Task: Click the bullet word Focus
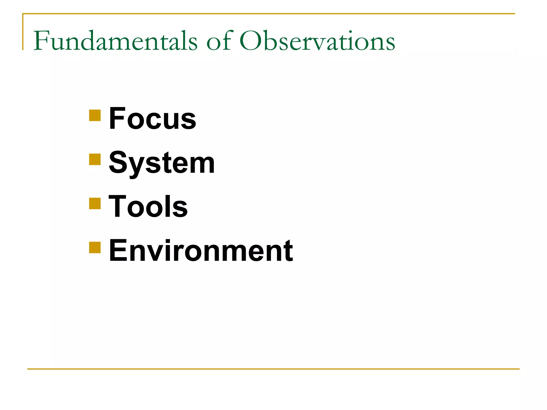click(x=153, y=118)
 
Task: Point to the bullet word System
click(x=162, y=163)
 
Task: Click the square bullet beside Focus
click(x=95, y=115)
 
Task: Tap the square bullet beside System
click(x=95, y=159)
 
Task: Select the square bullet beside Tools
click(x=95, y=203)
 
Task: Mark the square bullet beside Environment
click(x=95, y=247)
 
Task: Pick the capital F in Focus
click(x=117, y=118)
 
